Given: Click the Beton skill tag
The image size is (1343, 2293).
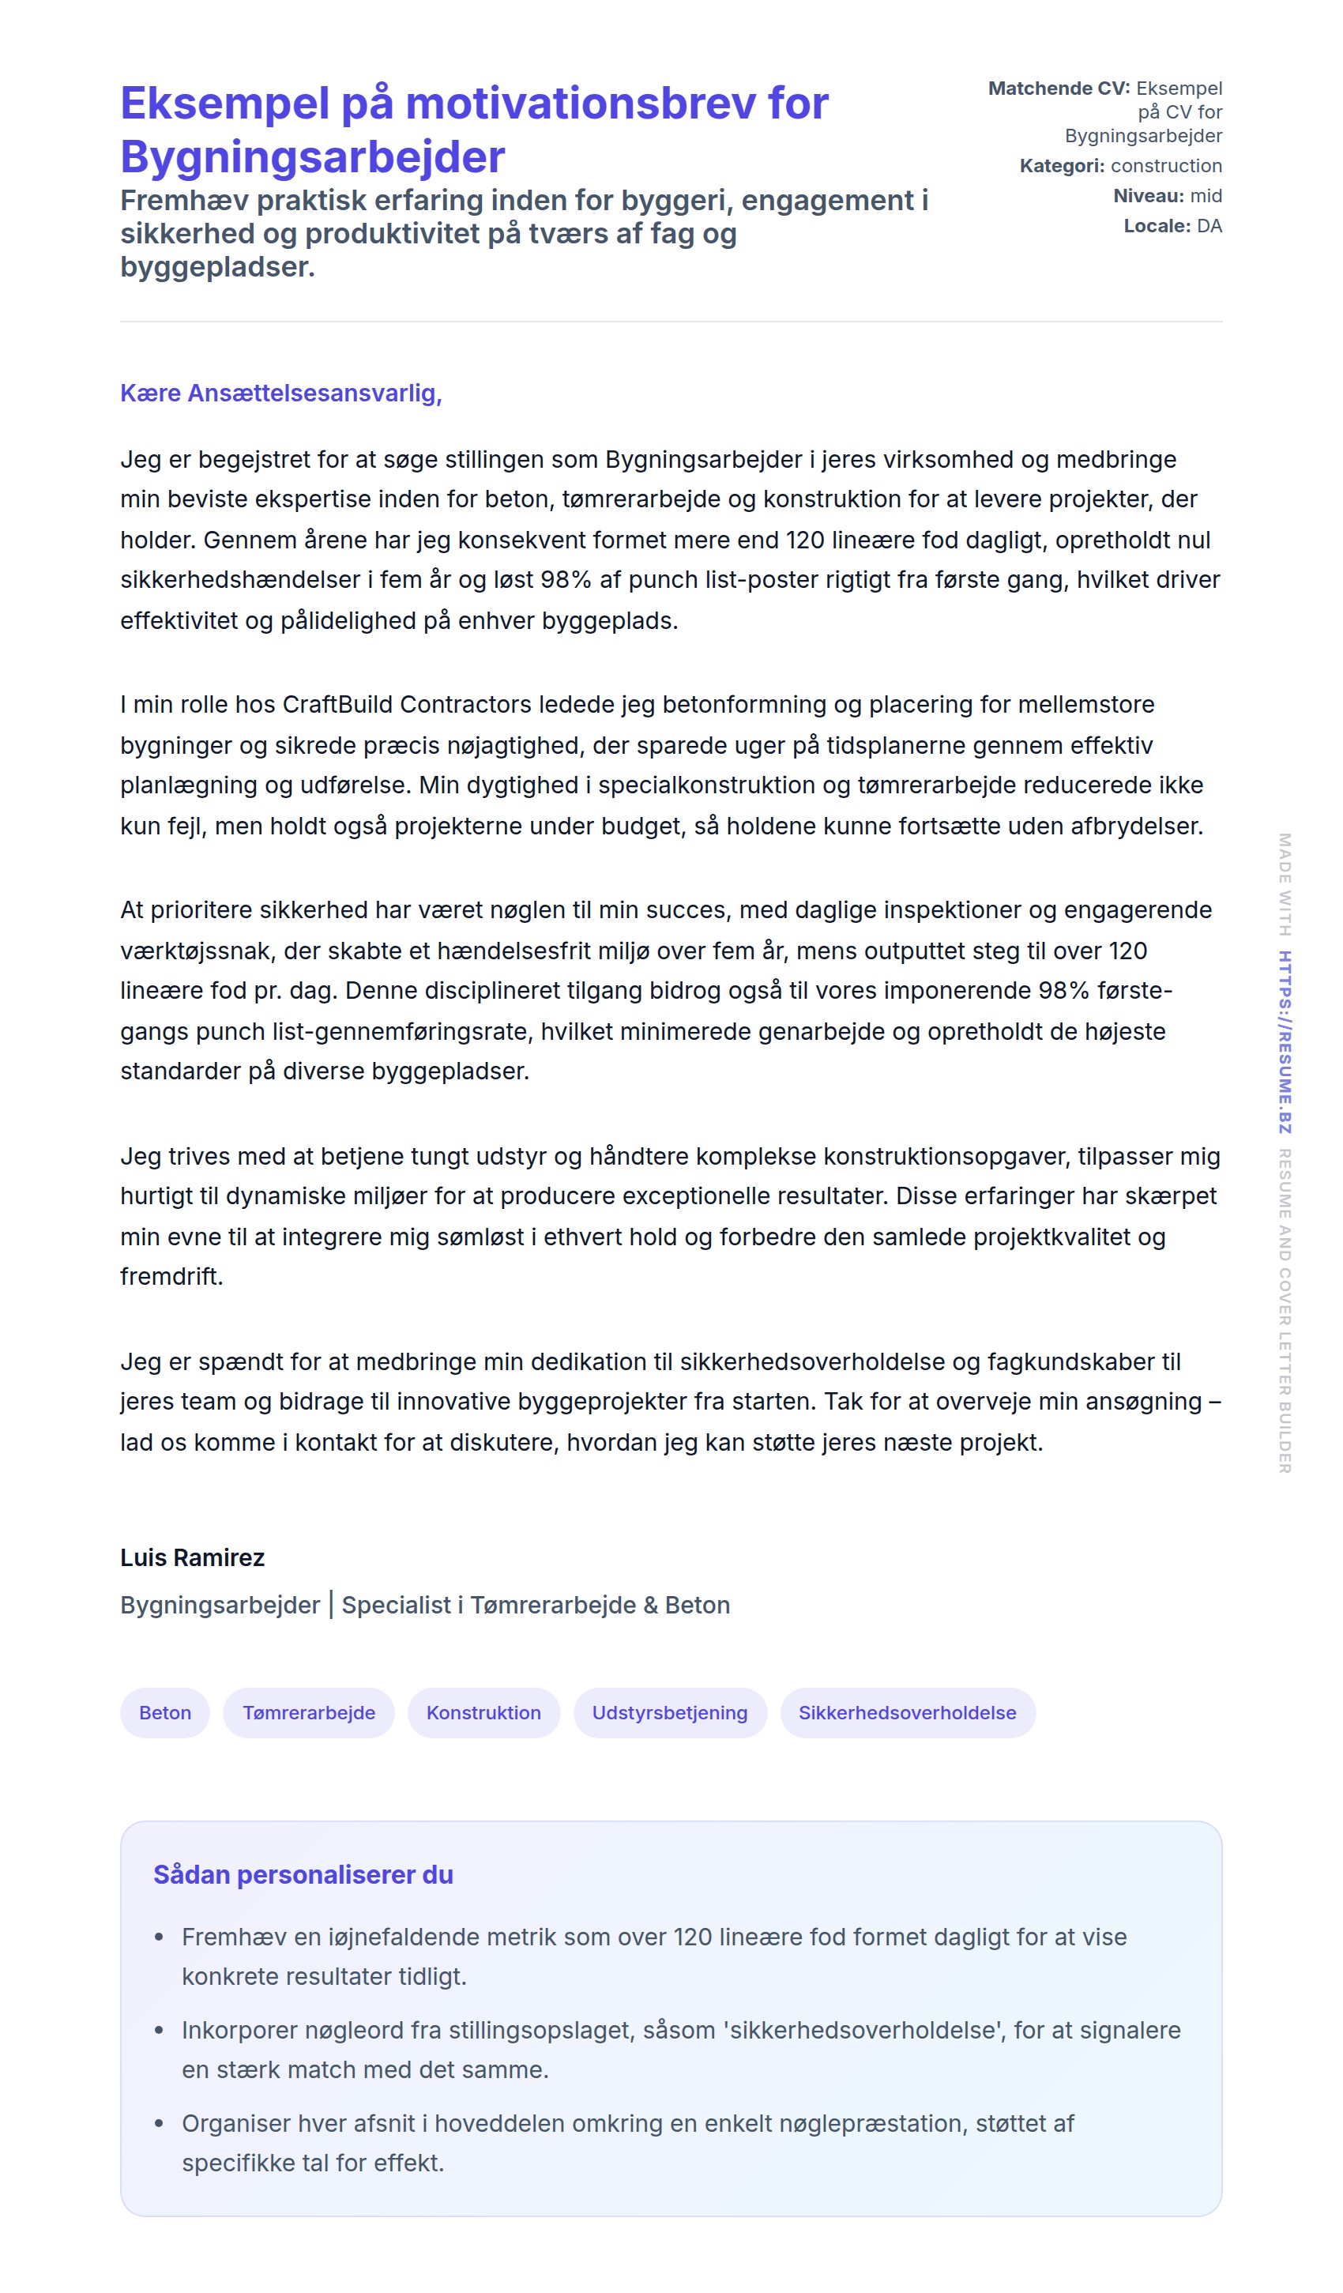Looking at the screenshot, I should (164, 1712).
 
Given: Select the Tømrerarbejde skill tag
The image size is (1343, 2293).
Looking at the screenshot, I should (308, 1712).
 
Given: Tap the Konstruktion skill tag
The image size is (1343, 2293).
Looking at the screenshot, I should (483, 1712).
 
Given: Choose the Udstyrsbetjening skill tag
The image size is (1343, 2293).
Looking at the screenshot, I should (670, 1712).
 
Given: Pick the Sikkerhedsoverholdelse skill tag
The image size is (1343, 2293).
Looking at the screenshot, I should (907, 1712).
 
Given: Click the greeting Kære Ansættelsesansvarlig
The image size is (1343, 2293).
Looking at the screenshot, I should (280, 393).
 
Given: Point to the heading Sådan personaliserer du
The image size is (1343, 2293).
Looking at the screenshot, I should (303, 1874).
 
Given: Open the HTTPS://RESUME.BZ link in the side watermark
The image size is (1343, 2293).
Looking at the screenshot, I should (1284, 1042).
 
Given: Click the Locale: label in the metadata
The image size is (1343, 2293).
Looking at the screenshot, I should (1157, 226).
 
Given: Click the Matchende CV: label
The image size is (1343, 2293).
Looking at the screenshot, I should (1058, 88).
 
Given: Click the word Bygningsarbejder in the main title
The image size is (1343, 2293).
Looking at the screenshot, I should (312, 156).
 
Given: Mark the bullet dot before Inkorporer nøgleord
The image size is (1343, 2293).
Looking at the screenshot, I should (160, 2030).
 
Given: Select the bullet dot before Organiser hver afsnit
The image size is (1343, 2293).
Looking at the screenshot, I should (160, 2124).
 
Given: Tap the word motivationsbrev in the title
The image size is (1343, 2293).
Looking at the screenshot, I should (580, 103).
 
